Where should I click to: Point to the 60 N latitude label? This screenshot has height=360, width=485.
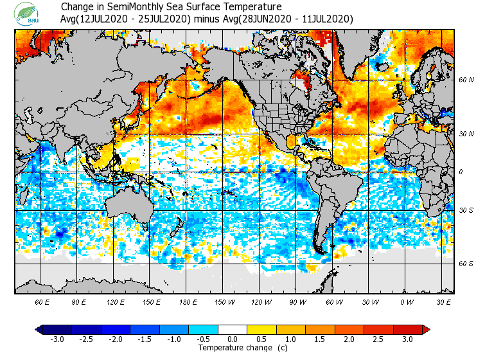pos(466,80)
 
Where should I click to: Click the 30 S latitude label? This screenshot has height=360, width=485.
pos(466,211)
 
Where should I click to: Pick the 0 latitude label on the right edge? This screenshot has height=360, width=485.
pos(461,172)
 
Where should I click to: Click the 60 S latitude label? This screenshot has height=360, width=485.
pos(466,264)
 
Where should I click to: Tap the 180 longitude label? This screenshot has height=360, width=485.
pos(188,302)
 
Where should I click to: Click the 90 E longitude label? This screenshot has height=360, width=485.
pos(79,302)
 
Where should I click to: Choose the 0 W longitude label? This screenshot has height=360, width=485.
pos(407,302)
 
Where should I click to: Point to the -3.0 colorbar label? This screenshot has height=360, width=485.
pos(57,339)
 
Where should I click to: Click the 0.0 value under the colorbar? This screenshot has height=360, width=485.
pos(233,339)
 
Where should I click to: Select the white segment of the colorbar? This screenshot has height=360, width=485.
pos(233,329)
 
